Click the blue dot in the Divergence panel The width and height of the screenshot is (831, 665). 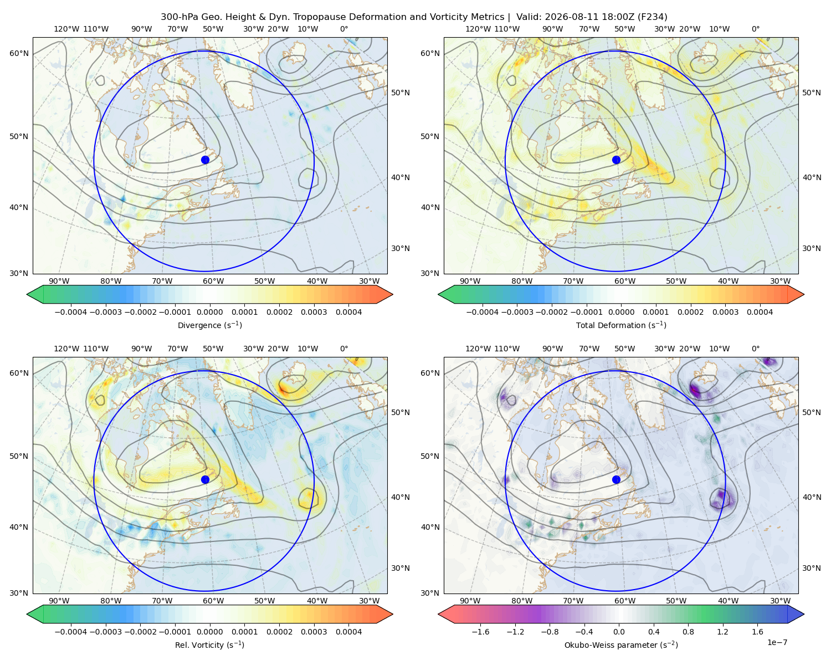click(x=205, y=160)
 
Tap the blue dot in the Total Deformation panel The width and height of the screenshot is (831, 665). click(x=616, y=160)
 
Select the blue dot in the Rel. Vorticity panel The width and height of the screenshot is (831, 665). click(x=205, y=479)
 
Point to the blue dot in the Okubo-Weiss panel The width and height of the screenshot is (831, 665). click(x=616, y=479)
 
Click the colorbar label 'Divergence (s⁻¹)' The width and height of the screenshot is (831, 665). click(x=209, y=325)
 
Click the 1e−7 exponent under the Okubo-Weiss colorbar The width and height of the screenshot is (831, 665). click(x=777, y=642)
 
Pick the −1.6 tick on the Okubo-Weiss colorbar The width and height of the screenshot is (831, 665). click(x=480, y=632)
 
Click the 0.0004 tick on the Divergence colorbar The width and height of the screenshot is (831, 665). click(x=348, y=312)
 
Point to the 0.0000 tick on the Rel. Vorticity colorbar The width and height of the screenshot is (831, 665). click(x=209, y=632)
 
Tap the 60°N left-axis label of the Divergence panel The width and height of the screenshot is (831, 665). click(x=19, y=53)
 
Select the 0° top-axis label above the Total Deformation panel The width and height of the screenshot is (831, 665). click(x=755, y=29)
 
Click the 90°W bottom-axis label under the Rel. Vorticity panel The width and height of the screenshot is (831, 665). click(x=59, y=601)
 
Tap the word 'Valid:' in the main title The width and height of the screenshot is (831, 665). click(x=529, y=17)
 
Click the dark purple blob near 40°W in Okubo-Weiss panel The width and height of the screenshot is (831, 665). click(x=722, y=498)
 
